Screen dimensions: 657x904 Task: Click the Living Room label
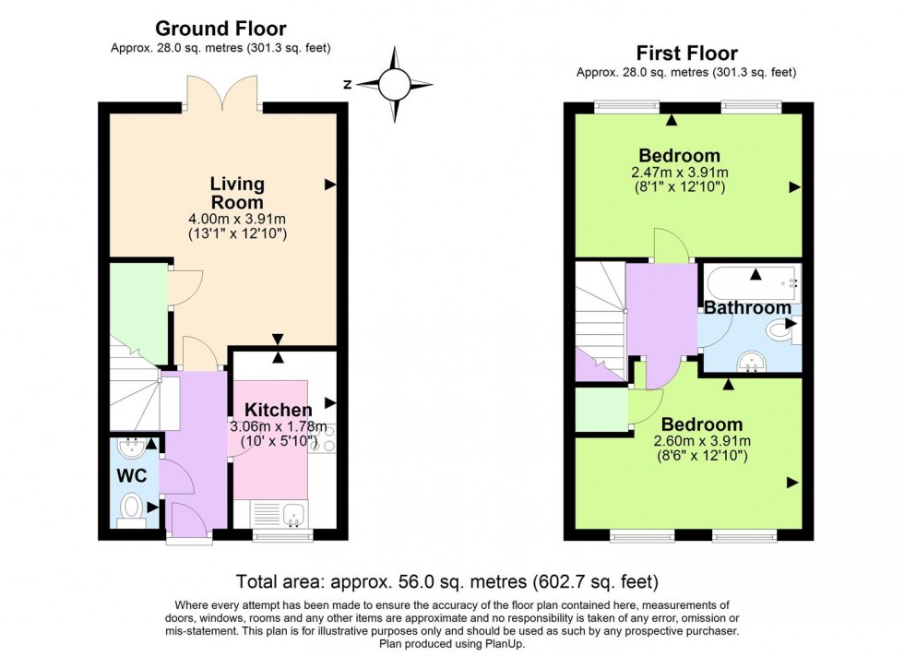tap(237, 193)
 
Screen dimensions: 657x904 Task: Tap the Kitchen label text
tap(277, 409)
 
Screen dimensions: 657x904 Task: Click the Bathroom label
tap(748, 307)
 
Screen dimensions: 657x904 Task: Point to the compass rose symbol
tap(394, 85)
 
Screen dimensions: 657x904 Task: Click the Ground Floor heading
tap(220, 30)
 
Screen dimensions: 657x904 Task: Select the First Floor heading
tap(687, 53)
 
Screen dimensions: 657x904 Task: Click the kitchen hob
tap(326, 437)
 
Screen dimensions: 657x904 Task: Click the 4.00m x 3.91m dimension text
tap(237, 220)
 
